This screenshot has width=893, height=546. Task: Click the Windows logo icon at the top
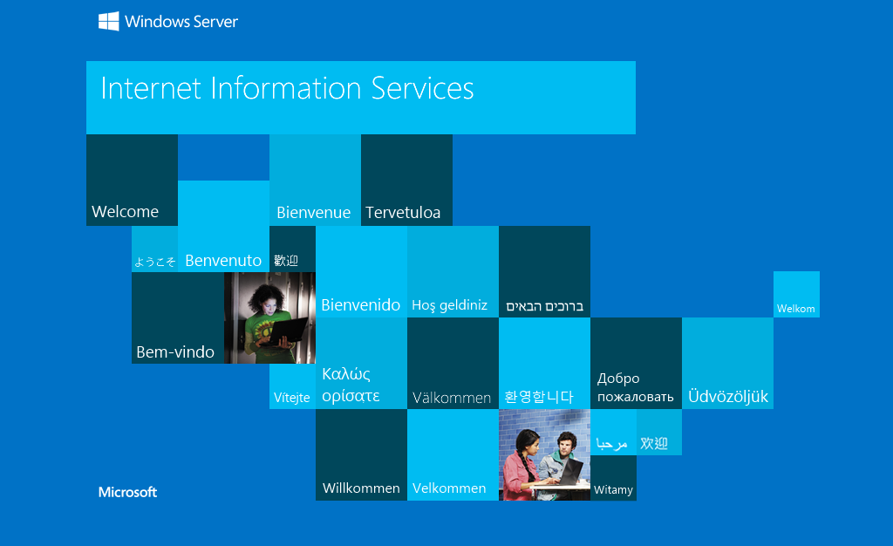(108, 22)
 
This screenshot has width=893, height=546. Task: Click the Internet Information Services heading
(287, 89)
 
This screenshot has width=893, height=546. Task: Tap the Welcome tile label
(125, 212)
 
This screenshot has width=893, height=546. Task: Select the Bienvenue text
(313, 213)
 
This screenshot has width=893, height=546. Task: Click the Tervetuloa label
(403, 213)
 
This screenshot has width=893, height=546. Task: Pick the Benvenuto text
(223, 260)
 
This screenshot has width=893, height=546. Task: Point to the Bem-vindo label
(175, 352)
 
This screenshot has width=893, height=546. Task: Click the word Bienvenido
(360, 305)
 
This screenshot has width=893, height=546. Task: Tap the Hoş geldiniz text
(449, 305)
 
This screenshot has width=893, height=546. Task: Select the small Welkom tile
(795, 309)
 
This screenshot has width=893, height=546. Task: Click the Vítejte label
(291, 398)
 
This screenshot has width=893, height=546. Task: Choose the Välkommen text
(452, 398)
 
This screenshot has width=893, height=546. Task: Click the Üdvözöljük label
(728, 397)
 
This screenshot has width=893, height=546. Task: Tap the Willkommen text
(361, 488)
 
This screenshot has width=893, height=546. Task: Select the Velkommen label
(449, 488)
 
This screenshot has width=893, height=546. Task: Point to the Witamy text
(613, 490)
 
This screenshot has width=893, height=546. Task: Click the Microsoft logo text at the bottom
(127, 492)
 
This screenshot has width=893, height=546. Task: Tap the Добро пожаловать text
(635, 388)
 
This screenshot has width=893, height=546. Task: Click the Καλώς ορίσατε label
(351, 385)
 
